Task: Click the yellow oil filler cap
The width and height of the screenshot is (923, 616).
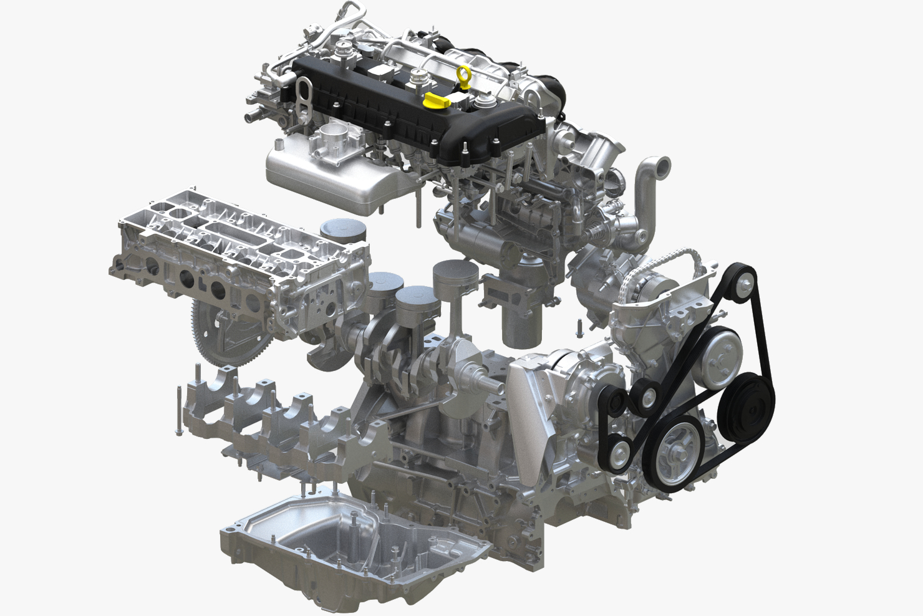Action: [x=435, y=99]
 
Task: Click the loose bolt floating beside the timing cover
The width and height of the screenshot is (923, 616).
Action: [x=580, y=327]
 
